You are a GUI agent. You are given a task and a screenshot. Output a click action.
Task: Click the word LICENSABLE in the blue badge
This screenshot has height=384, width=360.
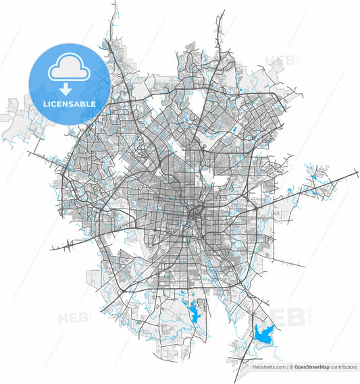[69, 105]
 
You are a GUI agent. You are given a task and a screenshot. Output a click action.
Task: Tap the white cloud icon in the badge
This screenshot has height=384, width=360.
[69, 70]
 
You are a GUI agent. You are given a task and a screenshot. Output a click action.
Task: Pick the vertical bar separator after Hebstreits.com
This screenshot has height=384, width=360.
[287, 367]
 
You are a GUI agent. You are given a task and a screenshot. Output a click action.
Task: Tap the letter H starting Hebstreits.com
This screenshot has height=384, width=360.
[254, 367]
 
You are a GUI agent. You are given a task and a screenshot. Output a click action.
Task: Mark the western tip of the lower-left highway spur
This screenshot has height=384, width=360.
[51, 249]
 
